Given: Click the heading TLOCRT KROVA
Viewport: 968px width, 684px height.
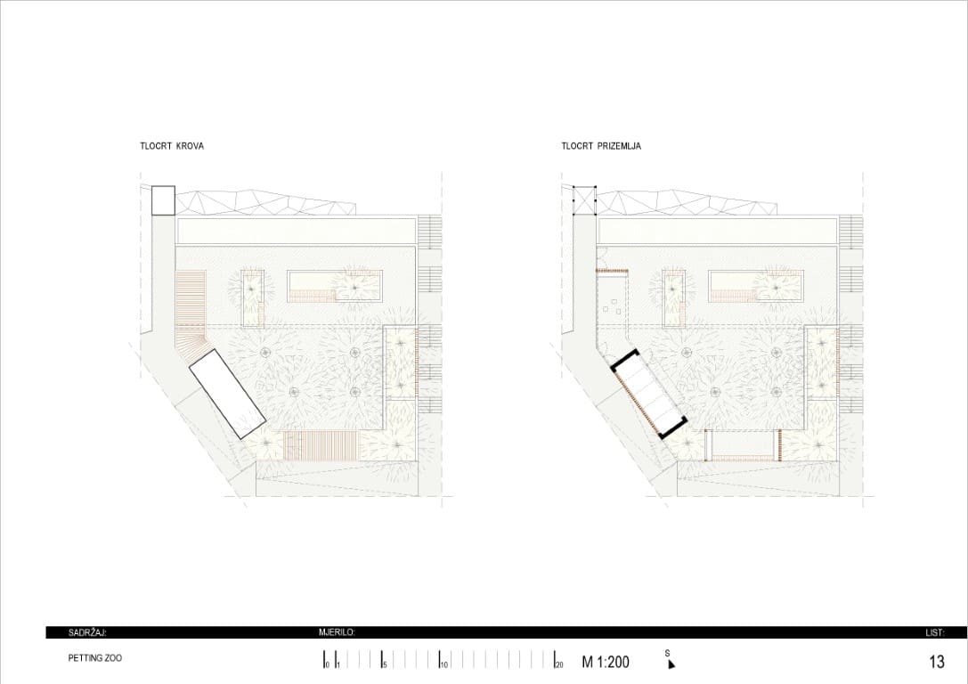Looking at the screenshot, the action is point(172,146).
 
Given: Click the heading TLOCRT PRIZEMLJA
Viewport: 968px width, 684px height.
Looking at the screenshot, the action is point(601,146).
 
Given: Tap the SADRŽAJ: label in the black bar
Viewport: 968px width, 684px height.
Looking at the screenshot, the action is point(87,632).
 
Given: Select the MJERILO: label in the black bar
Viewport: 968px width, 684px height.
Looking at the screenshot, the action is point(338,632).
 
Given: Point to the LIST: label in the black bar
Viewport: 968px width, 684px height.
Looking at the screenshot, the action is point(935,632).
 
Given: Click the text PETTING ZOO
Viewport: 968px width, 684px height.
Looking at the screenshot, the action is point(95,658).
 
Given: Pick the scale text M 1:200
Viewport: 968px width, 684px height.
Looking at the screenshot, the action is point(606,662).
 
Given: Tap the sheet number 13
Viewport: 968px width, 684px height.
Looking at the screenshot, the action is point(937,662).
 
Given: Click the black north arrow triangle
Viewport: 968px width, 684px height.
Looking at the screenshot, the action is point(671,664).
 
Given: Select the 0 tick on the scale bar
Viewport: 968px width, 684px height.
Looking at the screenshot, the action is point(324,659).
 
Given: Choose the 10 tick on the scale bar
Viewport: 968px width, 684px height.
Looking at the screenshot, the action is point(440,659).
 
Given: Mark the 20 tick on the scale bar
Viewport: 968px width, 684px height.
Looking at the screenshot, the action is point(556,659).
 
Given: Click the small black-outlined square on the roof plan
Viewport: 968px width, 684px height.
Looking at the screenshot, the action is point(164,200).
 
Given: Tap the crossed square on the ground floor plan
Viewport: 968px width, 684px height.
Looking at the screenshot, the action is point(584,200).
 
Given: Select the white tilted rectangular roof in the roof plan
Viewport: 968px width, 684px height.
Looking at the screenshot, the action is point(227,394).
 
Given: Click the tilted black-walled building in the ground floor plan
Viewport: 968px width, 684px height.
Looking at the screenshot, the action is point(649,394).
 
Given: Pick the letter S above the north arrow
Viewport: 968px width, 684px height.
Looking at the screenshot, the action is point(667,653).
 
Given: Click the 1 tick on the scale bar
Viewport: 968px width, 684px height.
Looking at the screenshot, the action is point(336,659).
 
